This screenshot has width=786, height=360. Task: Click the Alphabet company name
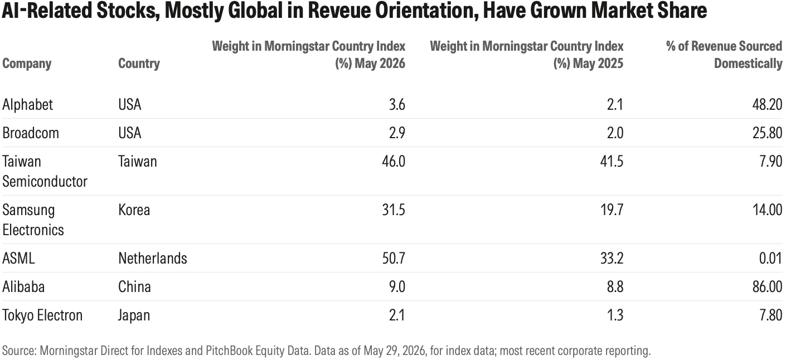pos(28,105)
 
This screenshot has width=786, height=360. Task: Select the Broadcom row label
pos(31,133)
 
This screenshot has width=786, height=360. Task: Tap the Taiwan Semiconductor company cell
pos(45,172)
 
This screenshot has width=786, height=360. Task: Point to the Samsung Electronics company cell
pos(33,220)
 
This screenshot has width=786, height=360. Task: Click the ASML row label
pos(18,259)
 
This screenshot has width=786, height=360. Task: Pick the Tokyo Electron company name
pos(42,315)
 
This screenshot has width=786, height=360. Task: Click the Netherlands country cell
pos(153,259)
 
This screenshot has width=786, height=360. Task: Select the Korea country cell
pos(134,210)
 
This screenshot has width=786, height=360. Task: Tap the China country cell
pos(134,286)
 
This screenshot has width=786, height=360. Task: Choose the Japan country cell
pos(134,315)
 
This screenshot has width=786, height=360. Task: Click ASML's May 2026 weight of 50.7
pos(394,259)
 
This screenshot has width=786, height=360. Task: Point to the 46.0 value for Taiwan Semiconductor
pos(394,162)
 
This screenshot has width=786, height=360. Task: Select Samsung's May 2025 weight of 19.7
pos(612,210)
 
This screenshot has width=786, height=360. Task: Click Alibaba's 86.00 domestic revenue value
pos(768,286)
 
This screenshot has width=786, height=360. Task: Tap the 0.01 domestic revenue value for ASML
pos(770,259)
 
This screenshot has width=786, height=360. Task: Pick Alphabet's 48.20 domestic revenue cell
pos(768,105)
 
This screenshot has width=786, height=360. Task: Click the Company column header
pos(27,64)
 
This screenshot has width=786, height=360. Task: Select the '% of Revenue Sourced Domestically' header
pos(724,55)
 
